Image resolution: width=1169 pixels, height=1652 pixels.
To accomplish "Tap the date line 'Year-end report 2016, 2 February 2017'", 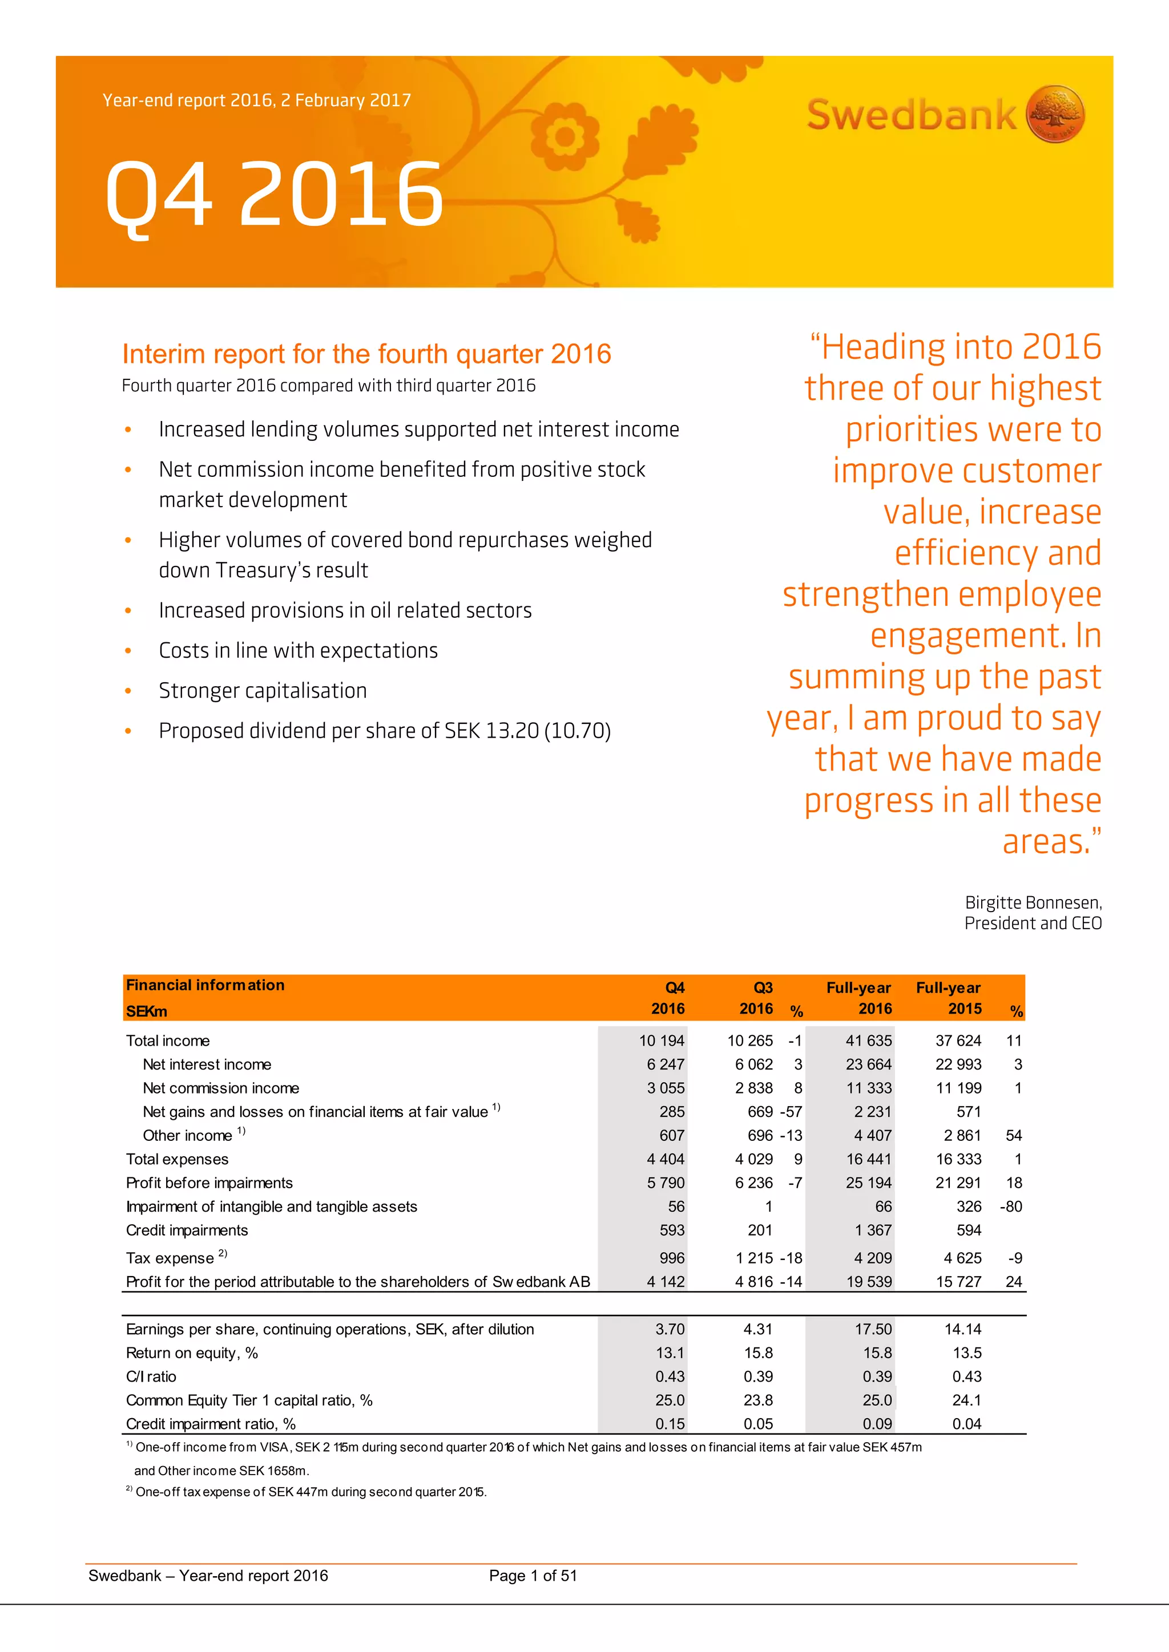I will point(256,100).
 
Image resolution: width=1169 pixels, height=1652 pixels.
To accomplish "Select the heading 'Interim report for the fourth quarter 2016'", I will point(366,354).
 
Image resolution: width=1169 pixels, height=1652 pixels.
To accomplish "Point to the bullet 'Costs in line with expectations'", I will point(298,650).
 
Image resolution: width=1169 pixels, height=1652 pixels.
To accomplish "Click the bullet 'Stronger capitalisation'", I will point(263,691).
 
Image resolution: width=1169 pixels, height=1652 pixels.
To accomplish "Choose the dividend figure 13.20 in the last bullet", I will point(512,731).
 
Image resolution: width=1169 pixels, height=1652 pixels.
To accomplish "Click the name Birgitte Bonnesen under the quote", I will point(1032,903).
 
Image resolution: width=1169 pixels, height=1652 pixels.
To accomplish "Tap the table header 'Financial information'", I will point(205,985).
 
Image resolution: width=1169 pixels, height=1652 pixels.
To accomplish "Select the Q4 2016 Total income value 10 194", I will point(662,1040).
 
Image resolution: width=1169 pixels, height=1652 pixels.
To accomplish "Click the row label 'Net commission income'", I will point(221,1088).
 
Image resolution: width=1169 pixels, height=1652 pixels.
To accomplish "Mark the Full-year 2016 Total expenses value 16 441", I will point(869,1159).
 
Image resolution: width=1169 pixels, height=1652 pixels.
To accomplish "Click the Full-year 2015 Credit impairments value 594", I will point(969,1230).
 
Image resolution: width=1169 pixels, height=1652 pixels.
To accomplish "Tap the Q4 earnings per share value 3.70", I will point(670,1329).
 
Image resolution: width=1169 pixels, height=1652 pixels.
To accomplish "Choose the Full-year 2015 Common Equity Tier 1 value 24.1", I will point(967,1400).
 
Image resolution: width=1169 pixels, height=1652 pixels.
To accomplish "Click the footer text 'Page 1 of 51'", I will point(533,1576).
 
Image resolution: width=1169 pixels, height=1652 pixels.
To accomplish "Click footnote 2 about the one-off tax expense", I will point(309,1492).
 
